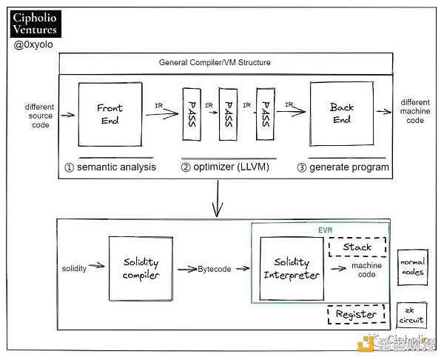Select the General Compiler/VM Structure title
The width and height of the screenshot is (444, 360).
pyautogui.click(x=215, y=63)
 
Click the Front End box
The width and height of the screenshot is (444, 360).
pyautogui.click(x=110, y=114)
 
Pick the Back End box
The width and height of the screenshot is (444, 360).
pyautogui.click(x=342, y=113)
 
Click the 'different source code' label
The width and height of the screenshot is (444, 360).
pyautogui.click(x=38, y=116)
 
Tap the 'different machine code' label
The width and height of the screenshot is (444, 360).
pyautogui.click(x=415, y=111)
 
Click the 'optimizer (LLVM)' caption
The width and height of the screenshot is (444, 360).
pyautogui.click(x=224, y=167)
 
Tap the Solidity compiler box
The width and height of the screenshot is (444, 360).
pyautogui.click(x=141, y=269)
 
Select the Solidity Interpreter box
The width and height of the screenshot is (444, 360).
pyautogui.click(x=292, y=269)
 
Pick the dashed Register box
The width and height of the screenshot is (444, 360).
pyautogui.click(x=357, y=314)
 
